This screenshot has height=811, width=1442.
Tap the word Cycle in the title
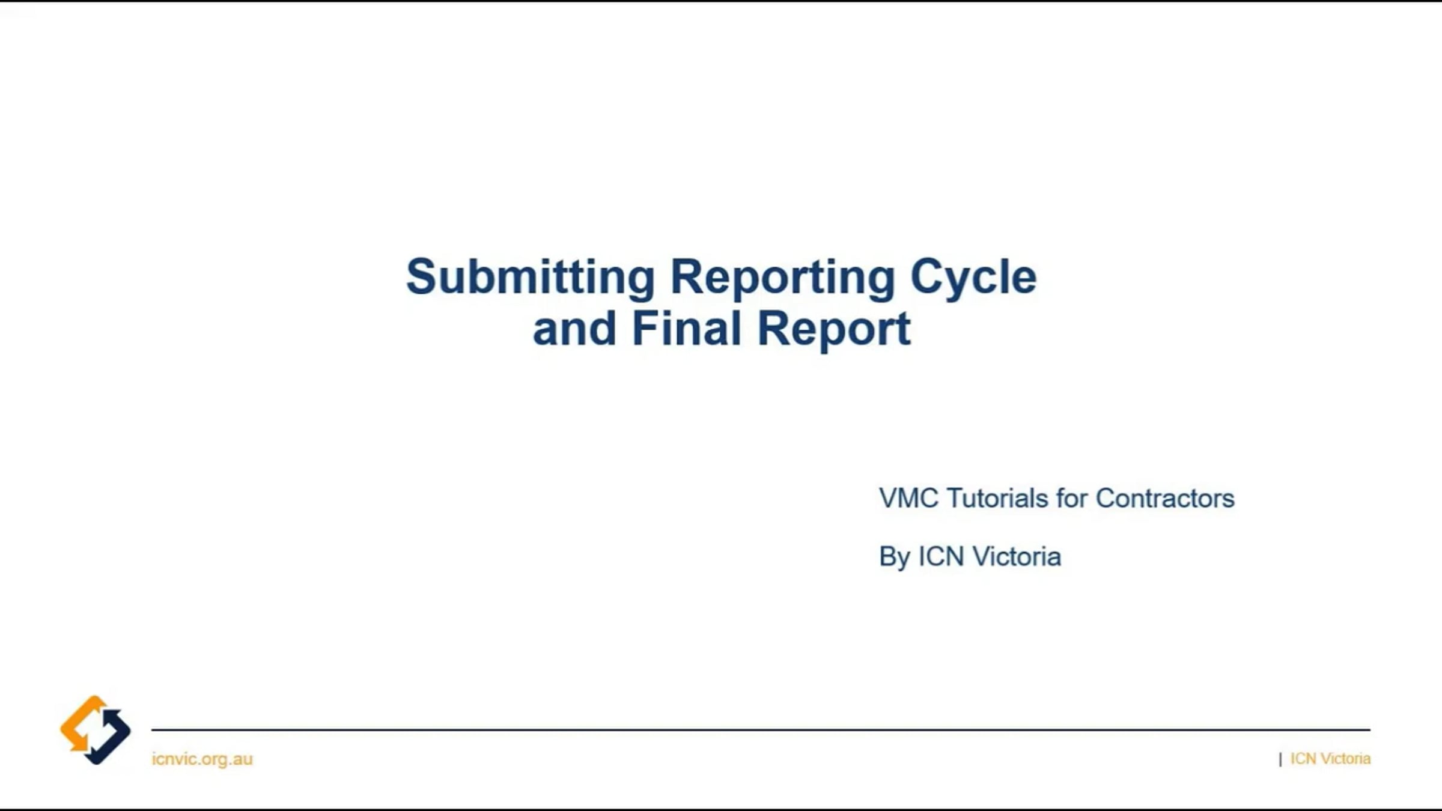[973, 277]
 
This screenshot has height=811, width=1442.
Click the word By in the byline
[894, 557]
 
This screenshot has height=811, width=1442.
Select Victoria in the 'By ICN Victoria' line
[1017, 557]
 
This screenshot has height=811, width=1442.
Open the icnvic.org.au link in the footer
[202, 759]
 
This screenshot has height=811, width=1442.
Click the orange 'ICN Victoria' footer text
[1330, 759]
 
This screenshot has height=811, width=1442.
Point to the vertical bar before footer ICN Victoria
[1280, 759]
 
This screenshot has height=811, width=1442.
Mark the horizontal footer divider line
[761, 730]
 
